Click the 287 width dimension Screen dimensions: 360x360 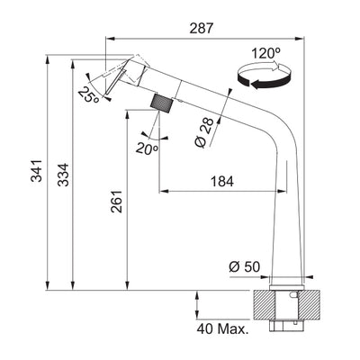pyautogui.click(x=202, y=28)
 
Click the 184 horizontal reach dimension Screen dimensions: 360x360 pyautogui.click(x=221, y=181)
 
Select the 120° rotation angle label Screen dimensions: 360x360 pyautogui.click(x=268, y=55)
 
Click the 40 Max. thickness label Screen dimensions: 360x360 pyautogui.click(x=221, y=328)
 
